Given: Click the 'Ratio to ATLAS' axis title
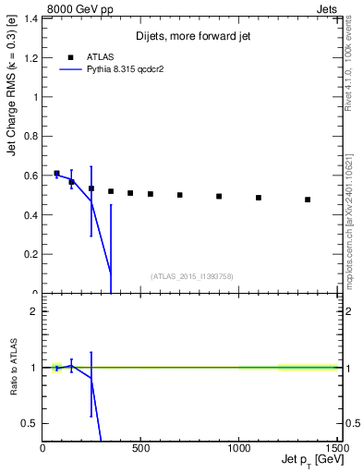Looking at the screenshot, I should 13,367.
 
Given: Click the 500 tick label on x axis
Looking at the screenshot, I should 140,448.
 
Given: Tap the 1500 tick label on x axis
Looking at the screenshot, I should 336,448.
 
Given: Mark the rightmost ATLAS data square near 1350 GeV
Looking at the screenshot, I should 308,200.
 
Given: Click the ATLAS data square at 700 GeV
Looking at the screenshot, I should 180,195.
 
